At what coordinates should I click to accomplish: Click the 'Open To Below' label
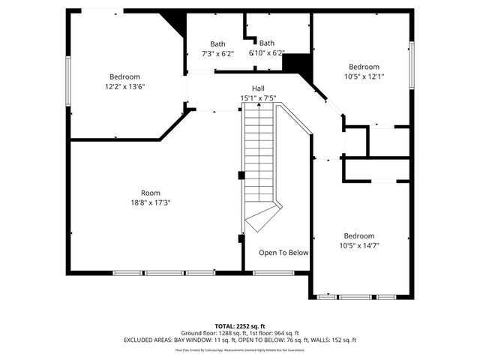click(283, 253)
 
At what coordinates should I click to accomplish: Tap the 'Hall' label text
click(257, 88)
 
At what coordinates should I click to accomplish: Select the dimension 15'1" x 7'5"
click(258, 98)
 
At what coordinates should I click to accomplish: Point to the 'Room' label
click(151, 193)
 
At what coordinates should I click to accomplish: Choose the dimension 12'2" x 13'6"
click(124, 86)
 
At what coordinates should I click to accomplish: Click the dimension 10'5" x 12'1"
click(364, 76)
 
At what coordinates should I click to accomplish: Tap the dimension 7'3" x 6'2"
click(217, 53)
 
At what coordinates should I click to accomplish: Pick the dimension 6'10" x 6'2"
click(267, 53)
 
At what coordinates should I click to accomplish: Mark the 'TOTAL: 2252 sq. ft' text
click(240, 326)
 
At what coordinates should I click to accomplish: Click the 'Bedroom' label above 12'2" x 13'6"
click(124, 76)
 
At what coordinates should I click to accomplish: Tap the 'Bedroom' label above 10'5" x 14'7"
click(358, 235)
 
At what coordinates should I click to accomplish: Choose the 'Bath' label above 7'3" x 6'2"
click(217, 43)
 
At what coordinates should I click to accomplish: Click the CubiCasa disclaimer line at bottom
click(240, 349)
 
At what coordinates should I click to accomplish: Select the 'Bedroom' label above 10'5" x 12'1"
click(364, 67)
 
